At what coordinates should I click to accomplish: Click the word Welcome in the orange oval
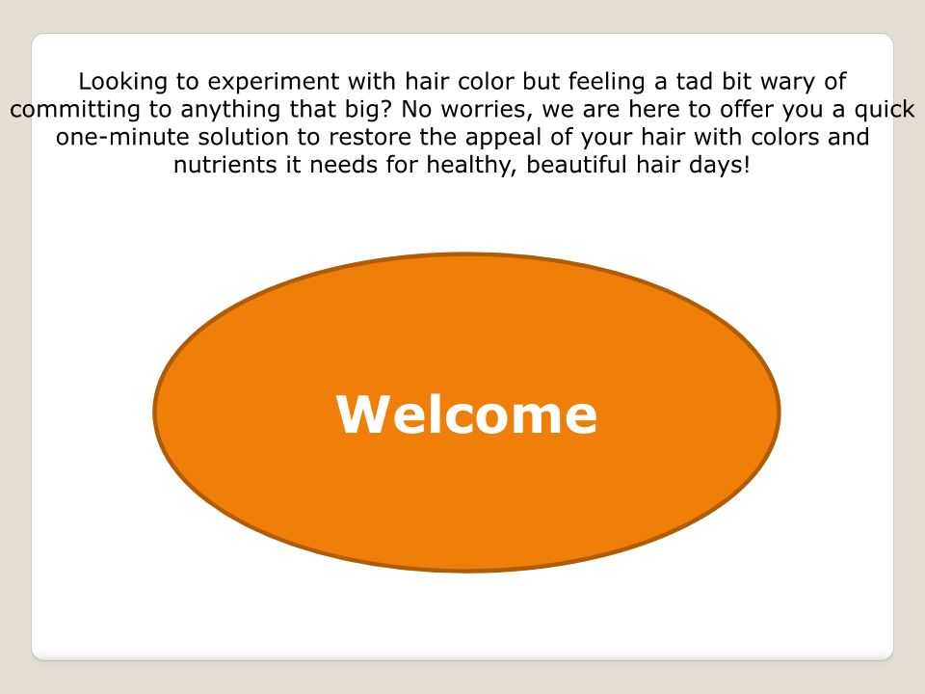pyautogui.click(x=466, y=414)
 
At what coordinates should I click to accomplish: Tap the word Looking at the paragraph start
pyautogui.click(x=123, y=82)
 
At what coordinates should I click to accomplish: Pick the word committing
pyautogui.click(x=74, y=110)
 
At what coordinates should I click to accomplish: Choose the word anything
pyautogui.click(x=230, y=110)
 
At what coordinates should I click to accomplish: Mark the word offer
pyautogui.click(x=743, y=109)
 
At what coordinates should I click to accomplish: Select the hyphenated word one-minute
pyautogui.click(x=122, y=137)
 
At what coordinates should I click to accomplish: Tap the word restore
pyautogui.click(x=370, y=137)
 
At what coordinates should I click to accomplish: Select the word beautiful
pyautogui.click(x=577, y=165)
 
